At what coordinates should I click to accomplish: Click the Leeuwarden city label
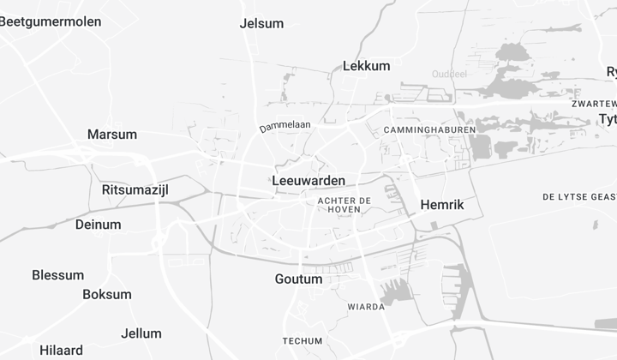308,181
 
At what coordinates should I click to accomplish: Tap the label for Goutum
299,279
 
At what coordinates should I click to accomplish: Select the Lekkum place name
366,65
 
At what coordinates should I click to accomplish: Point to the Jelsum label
262,24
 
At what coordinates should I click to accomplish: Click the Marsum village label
112,135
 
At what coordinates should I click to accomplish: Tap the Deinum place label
99,225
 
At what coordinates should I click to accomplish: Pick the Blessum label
58,275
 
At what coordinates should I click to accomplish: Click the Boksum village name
107,294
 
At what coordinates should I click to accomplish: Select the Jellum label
141,333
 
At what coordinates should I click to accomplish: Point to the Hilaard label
62,351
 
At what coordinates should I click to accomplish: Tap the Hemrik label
442,205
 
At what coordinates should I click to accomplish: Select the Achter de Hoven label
344,205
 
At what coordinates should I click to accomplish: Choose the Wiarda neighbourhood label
366,307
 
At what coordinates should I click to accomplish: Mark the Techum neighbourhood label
303,341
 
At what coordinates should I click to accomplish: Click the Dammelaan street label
285,126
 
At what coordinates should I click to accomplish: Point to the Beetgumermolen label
51,21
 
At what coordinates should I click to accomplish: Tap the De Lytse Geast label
579,197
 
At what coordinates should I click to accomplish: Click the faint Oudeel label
449,74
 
